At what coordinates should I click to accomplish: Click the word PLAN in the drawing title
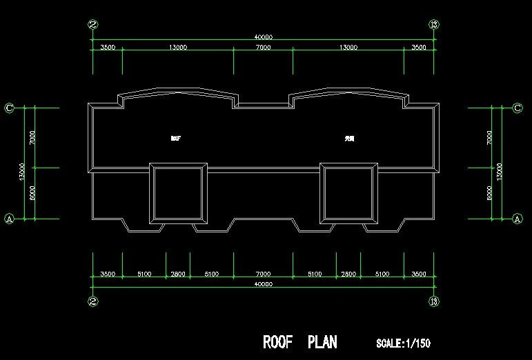[x=322, y=342]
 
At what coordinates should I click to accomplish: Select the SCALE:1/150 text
[x=403, y=343]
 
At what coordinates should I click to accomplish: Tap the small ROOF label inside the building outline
[x=175, y=139]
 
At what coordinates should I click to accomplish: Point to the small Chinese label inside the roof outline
[x=349, y=139]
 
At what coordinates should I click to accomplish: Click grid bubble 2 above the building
[x=94, y=24]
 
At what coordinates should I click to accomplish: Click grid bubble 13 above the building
[x=434, y=24]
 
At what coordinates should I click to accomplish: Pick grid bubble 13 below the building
[x=434, y=301]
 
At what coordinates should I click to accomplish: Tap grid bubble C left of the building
[x=10, y=108]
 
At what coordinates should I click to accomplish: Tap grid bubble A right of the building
[x=518, y=218]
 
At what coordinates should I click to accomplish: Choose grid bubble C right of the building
[x=518, y=108]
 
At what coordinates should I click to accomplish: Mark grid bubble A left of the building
[x=10, y=218]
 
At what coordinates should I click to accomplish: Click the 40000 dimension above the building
[x=264, y=37]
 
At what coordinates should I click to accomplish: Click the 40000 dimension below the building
[x=264, y=283]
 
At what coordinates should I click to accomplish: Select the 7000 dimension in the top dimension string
[x=263, y=48]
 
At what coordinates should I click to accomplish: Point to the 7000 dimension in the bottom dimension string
[x=263, y=274]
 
